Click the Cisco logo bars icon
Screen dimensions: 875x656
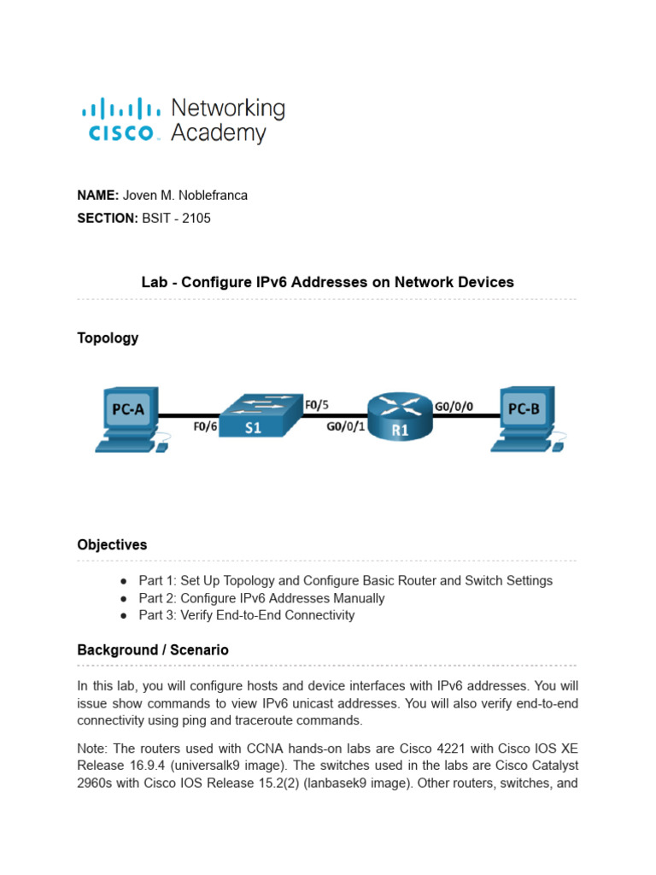click(x=120, y=109)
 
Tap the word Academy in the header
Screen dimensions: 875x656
click(x=219, y=133)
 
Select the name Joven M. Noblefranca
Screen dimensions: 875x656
click(x=185, y=195)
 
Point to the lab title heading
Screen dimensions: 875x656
click(x=327, y=282)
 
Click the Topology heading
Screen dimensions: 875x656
click(x=108, y=338)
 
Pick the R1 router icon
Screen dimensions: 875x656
click(x=401, y=418)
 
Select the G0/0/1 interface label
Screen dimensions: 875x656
click(x=345, y=428)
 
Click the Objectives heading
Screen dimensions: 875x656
click(x=112, y=544)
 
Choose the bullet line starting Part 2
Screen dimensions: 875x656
click(x=261, y=598)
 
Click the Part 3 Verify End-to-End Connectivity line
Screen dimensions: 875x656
click(x=246, y=615)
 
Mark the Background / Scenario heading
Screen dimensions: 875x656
click(x=153, y=650)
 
